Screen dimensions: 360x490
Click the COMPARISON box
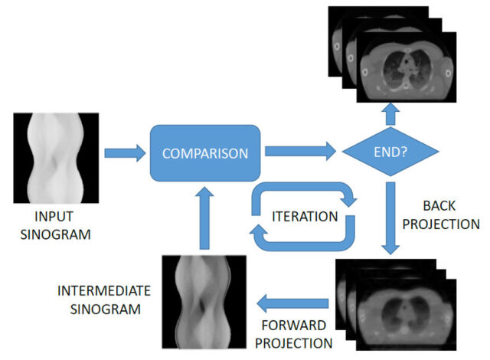206,152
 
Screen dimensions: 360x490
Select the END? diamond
390,152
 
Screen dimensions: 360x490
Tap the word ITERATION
305,216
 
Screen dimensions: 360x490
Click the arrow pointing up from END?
390,113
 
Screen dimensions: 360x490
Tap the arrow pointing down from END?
390,218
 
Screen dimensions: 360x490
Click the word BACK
439,207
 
